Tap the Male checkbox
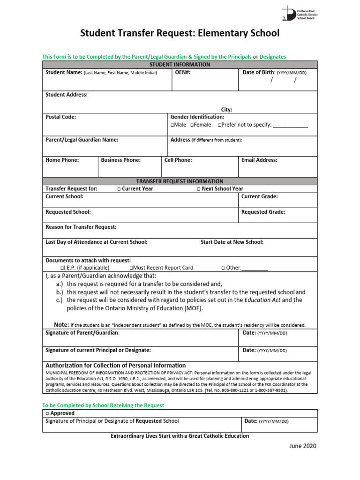tap(172, 125)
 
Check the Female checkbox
tap(192, 125)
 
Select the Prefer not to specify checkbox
tap(220, 125)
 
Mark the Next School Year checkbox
tap(198, 189)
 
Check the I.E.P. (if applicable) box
tap(62, 268)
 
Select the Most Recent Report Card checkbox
tap(131, 268)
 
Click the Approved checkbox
tap(47, 413)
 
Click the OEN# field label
tap(182, 73)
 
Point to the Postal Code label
tap(60, 117)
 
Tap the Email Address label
tap(259, 160)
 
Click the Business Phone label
tap(121, 160)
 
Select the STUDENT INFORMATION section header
tap(180, 65)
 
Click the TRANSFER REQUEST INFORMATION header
tap(180, 181)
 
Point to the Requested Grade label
tap(263, 212)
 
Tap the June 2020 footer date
tap(302, 446)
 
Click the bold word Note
tap(61, 324)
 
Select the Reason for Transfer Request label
tap(81, 227)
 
